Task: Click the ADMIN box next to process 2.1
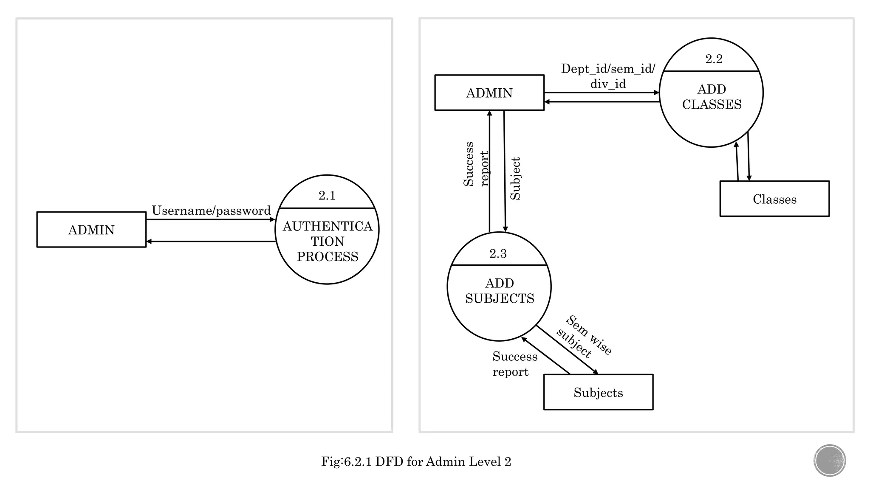91,230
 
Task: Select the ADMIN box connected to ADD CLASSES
489,93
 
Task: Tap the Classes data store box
774,199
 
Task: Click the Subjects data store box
598,393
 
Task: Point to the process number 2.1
327,196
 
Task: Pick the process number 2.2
714,59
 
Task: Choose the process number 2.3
498,254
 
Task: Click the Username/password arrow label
211,211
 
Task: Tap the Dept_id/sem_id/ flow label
608,69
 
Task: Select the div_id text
608,84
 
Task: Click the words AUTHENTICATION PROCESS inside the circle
327,242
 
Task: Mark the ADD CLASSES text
712,97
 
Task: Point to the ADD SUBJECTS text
500,291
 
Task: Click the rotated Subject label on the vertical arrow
515,179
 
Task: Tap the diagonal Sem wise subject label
584,337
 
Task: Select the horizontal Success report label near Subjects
514,364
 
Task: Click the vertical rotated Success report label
475,164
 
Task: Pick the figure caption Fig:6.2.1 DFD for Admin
416,461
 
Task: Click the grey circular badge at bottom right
830,461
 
